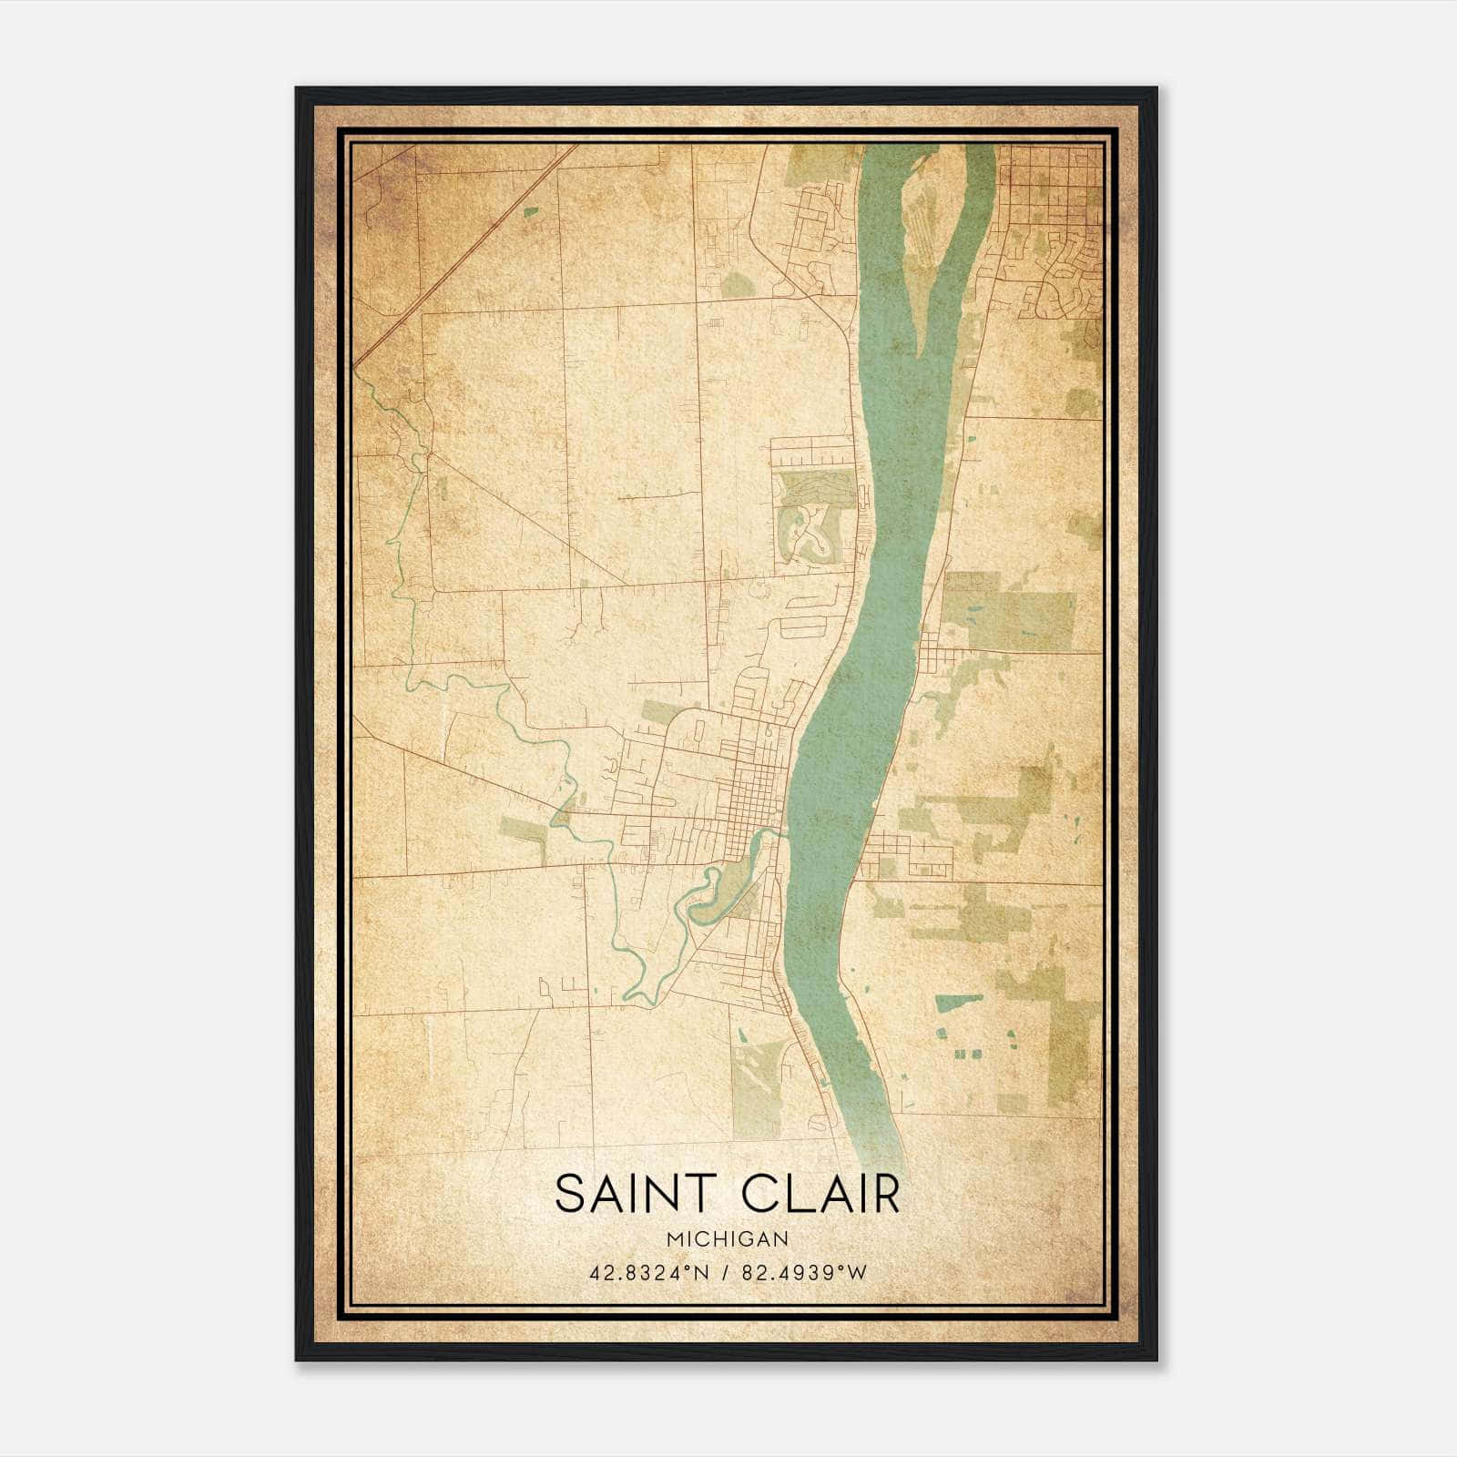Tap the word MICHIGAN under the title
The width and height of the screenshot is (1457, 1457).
(x=727, y=1238)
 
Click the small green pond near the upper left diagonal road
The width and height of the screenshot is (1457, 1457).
(x=530, y=212)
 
